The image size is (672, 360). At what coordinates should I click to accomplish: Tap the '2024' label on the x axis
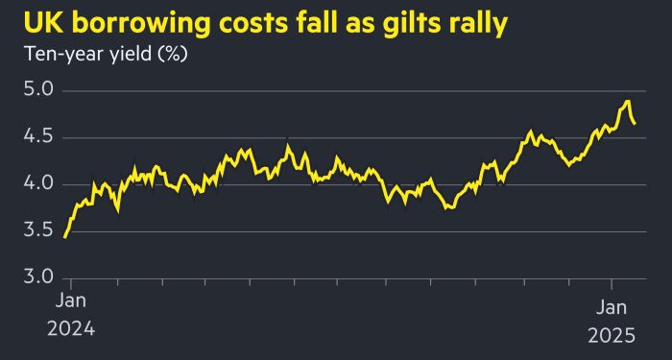pos(72,332)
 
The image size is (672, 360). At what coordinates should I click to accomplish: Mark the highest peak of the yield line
pos(627,101)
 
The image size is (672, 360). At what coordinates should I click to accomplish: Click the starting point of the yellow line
pos(65,236)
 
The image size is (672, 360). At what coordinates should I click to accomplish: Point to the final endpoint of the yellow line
pos(635,123)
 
